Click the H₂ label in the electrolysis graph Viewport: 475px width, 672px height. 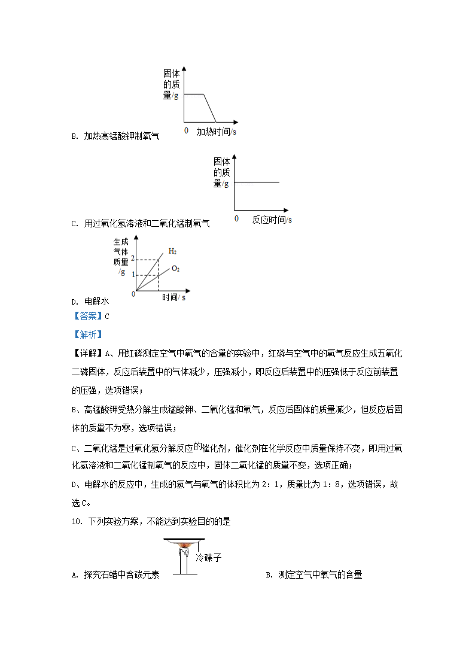point(172,251)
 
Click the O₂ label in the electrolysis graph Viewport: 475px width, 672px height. point(176,269)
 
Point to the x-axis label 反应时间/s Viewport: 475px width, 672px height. point(272,220)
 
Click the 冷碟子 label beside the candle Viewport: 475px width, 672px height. point(209,557)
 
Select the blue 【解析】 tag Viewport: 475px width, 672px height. point(87,335)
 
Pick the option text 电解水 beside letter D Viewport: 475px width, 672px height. point(96,303)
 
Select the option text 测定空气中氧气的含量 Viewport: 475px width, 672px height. point(320,575)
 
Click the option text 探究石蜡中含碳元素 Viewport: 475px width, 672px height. point(121,575)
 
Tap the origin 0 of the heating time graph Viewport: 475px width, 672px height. point(186,130)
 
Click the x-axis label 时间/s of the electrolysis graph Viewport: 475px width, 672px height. point(173,297)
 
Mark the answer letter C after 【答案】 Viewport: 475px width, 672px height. point(107,316)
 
